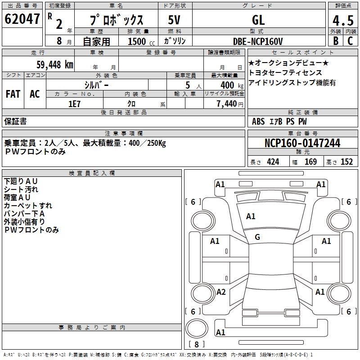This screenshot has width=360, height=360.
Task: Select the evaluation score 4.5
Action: tap(343, 21)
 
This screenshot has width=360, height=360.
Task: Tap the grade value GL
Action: tap(258, 20)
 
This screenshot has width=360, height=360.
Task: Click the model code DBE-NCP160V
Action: tap(258, 41)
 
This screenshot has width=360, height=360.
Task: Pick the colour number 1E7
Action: tap(74, 103)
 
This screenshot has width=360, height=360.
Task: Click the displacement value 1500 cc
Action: tap(139, 41)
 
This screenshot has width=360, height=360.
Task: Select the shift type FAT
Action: tap(13, 94)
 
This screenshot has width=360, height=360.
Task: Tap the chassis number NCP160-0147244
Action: tap(302, 144)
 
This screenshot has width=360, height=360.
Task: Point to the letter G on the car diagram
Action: tap(257, 237)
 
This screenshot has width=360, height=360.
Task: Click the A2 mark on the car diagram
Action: tap(221, 292)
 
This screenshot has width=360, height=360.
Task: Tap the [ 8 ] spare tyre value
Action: tap(196, 344)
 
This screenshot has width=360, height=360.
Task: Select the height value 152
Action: tap(346, 162)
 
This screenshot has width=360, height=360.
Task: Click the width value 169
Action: tap(310, 162)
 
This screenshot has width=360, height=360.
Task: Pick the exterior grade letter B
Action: tap(336, 41)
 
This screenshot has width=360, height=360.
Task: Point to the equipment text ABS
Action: tap(258, 121)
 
